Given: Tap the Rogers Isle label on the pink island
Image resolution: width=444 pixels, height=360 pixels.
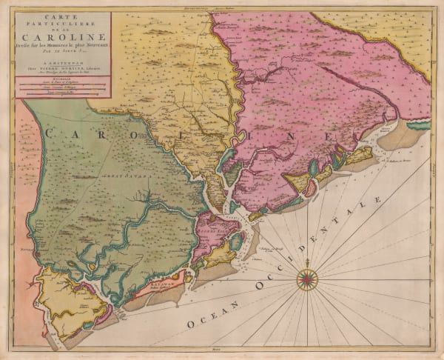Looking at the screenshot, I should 214,231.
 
